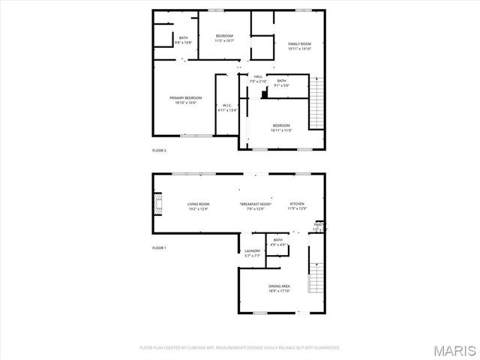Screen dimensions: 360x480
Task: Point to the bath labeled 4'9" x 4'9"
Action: [x=278, y=241]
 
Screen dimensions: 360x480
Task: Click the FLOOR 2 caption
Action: [x=159, y=151]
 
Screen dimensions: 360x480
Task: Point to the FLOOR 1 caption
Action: [x=159, y=247]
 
